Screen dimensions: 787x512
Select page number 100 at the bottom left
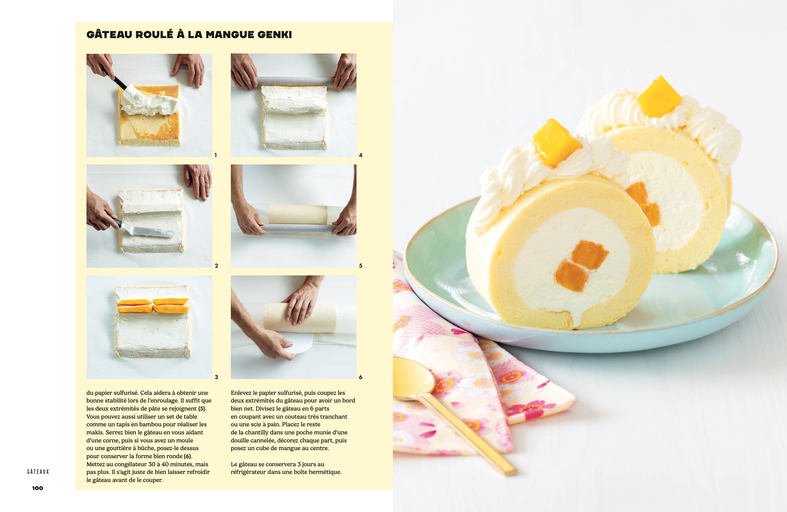(x=37, y=488)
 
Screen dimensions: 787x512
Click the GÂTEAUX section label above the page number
(x=38, y=472)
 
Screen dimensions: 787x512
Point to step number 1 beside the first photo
(x=216, y=155)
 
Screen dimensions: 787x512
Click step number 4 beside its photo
(x=361, y=155)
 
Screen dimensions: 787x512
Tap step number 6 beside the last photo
(x=361, y=377)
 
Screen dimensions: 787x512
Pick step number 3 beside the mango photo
(x=216, y=377)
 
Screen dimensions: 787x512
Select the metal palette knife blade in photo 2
(x=147, y=231)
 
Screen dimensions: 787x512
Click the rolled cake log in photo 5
(x=298, y=215)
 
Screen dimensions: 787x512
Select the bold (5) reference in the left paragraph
(x=202, y=409)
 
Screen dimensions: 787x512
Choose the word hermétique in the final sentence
(x=325, y=472)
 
